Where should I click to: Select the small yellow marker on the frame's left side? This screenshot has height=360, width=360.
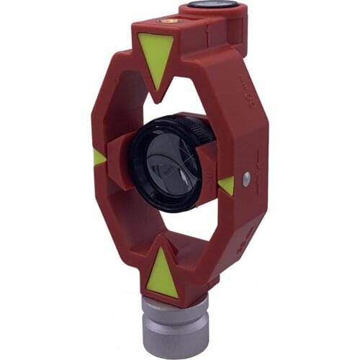coord(98,157)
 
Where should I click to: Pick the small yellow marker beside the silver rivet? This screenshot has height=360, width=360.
coord(227,186)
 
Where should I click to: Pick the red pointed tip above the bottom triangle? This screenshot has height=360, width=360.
coord(164,238)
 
